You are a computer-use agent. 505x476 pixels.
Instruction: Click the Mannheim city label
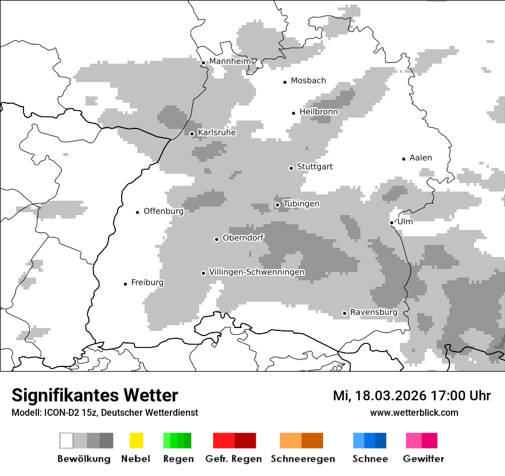(x=230, y=61)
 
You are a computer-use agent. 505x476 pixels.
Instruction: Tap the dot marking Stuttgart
(x=291, y=168)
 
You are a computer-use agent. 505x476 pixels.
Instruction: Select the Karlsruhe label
(x=216, y=132)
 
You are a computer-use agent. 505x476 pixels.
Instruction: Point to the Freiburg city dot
(x=125, y=284)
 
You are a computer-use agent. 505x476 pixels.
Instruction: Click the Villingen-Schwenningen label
(x=257, y=272)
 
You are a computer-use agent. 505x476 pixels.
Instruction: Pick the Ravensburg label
(x=374, y=312)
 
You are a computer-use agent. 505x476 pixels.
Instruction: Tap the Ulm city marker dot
(x=392, y=223)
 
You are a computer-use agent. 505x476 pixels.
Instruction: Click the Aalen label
(x=421, y=158)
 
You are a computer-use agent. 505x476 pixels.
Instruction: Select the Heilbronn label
(x=318, y=112)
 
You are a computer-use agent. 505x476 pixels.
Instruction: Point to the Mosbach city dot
(x=285, y=82)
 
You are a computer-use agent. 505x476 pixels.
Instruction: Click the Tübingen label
(x=301, y=204)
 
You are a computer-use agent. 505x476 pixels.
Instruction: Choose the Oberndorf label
(x=243, y=237)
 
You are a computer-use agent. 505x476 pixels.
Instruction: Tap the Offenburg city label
(x=164, y=211)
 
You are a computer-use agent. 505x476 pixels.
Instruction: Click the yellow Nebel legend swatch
(x=136, y=440)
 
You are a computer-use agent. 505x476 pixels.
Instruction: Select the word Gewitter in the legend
(x=423, y=459)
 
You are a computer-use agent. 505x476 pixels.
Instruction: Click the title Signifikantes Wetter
(x=95, y=395)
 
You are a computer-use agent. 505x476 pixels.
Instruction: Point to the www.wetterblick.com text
(x=414, y=412)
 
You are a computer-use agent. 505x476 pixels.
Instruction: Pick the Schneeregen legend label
(x=302, y=459)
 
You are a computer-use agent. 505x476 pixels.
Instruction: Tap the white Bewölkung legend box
(x=67, y=440)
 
